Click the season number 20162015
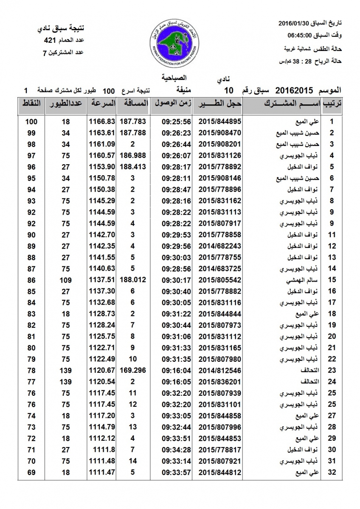pos(294,90)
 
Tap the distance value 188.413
pos(133,167)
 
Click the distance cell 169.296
pos(133,370)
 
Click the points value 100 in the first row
pos(31,121)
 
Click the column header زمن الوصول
pos(173,103)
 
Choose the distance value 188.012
pos(133,280)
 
